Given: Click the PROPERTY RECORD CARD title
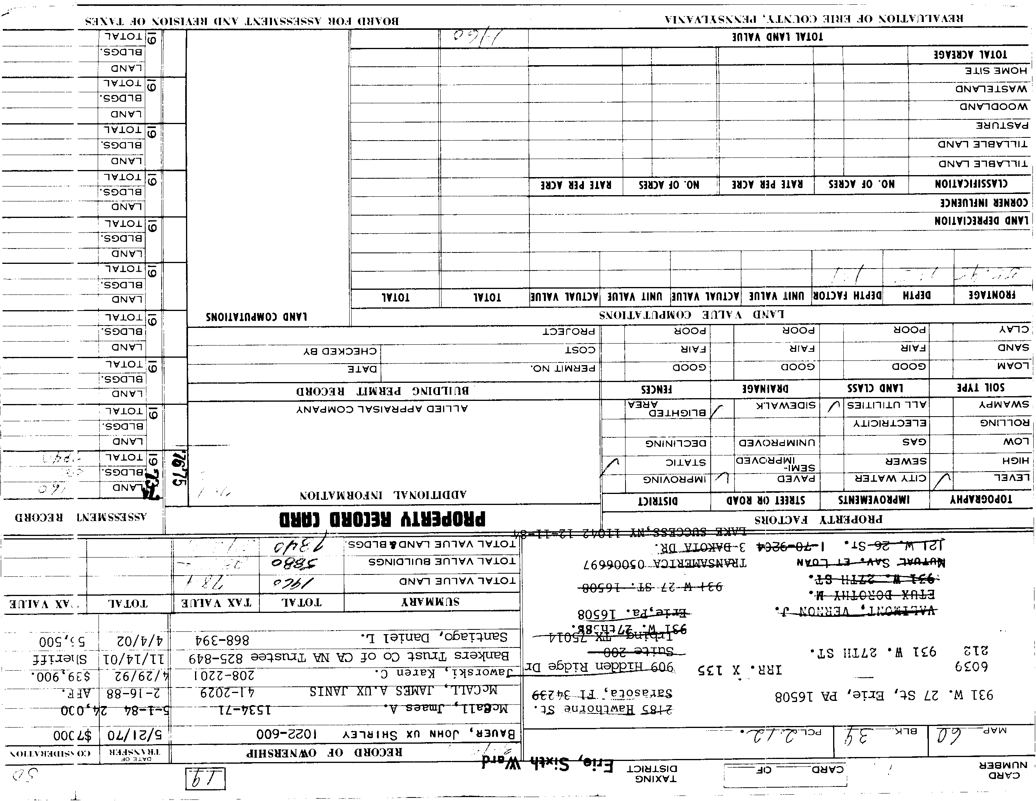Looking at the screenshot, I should pyautogui.click(x=382, y=519).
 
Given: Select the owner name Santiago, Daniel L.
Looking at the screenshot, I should pyautogui.click(x=434, y=636).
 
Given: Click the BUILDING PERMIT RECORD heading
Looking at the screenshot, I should pyautogui.click(x=382, y=391).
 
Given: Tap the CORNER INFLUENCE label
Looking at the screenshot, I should pyautogui.click(x=984, y=203).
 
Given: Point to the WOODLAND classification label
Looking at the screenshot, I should pyautogui.click(x=994, y=106).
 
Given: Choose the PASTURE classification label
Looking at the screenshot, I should pyautogui.click(x=1001, y=126).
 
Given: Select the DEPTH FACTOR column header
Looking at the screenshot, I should pyautogui.click(x=847, y=296).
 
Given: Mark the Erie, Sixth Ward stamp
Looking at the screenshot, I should pyautogui.click(x=548, y=764).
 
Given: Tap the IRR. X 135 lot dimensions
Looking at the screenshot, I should pyautogui.click(x=740, y=670).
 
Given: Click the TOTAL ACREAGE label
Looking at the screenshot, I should pyautogui.click(x=970, y=54).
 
